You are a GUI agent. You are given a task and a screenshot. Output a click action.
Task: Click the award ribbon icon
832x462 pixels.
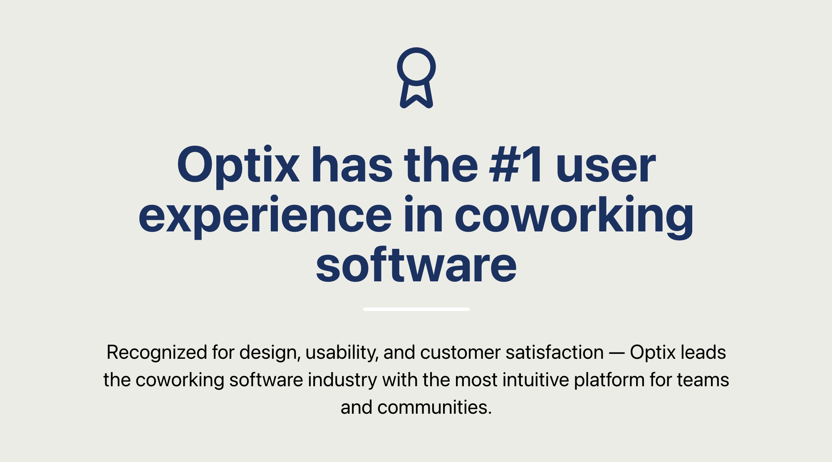(416, 78)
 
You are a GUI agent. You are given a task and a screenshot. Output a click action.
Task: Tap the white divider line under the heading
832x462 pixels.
(416, 309)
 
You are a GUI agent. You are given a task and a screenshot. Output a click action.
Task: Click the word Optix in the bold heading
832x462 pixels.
(238, 166)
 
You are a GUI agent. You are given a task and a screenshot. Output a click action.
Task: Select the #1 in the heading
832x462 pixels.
(516, 166)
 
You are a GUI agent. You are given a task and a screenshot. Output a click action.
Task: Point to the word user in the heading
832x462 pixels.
(606, 166)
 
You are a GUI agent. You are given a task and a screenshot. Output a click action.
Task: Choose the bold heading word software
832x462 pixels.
(416, 266)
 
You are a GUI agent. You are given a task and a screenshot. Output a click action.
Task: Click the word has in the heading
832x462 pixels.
(352, 166)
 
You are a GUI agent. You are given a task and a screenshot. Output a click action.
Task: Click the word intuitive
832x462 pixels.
(535, 380)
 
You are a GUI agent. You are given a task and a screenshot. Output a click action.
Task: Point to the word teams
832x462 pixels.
(703, 380)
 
